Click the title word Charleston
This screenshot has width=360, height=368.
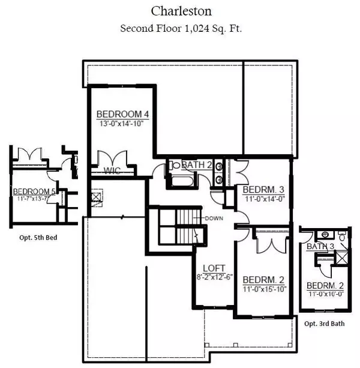(179, 10)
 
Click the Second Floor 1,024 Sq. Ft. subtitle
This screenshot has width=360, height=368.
(179, 28)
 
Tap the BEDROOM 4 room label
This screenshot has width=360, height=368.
(122, 114)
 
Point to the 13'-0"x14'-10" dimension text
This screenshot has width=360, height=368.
(122, 124)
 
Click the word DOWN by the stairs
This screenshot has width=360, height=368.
(214, 217)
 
